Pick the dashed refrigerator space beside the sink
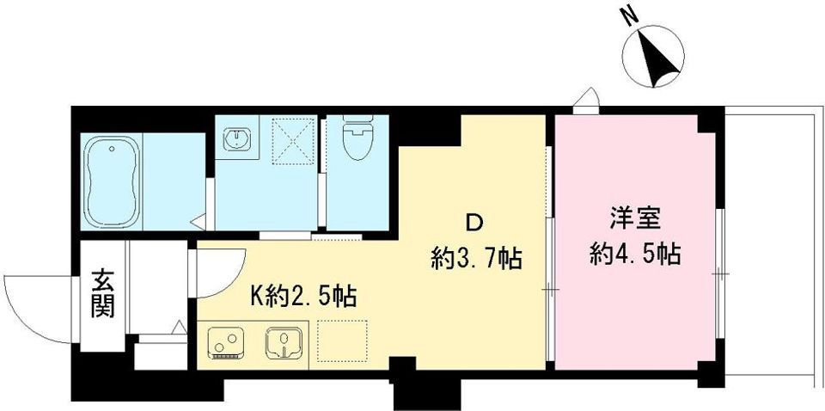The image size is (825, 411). (x=343, y=342)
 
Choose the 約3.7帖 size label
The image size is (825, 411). (x=477, y=259)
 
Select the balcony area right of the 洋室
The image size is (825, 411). (x=769, y=241)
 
